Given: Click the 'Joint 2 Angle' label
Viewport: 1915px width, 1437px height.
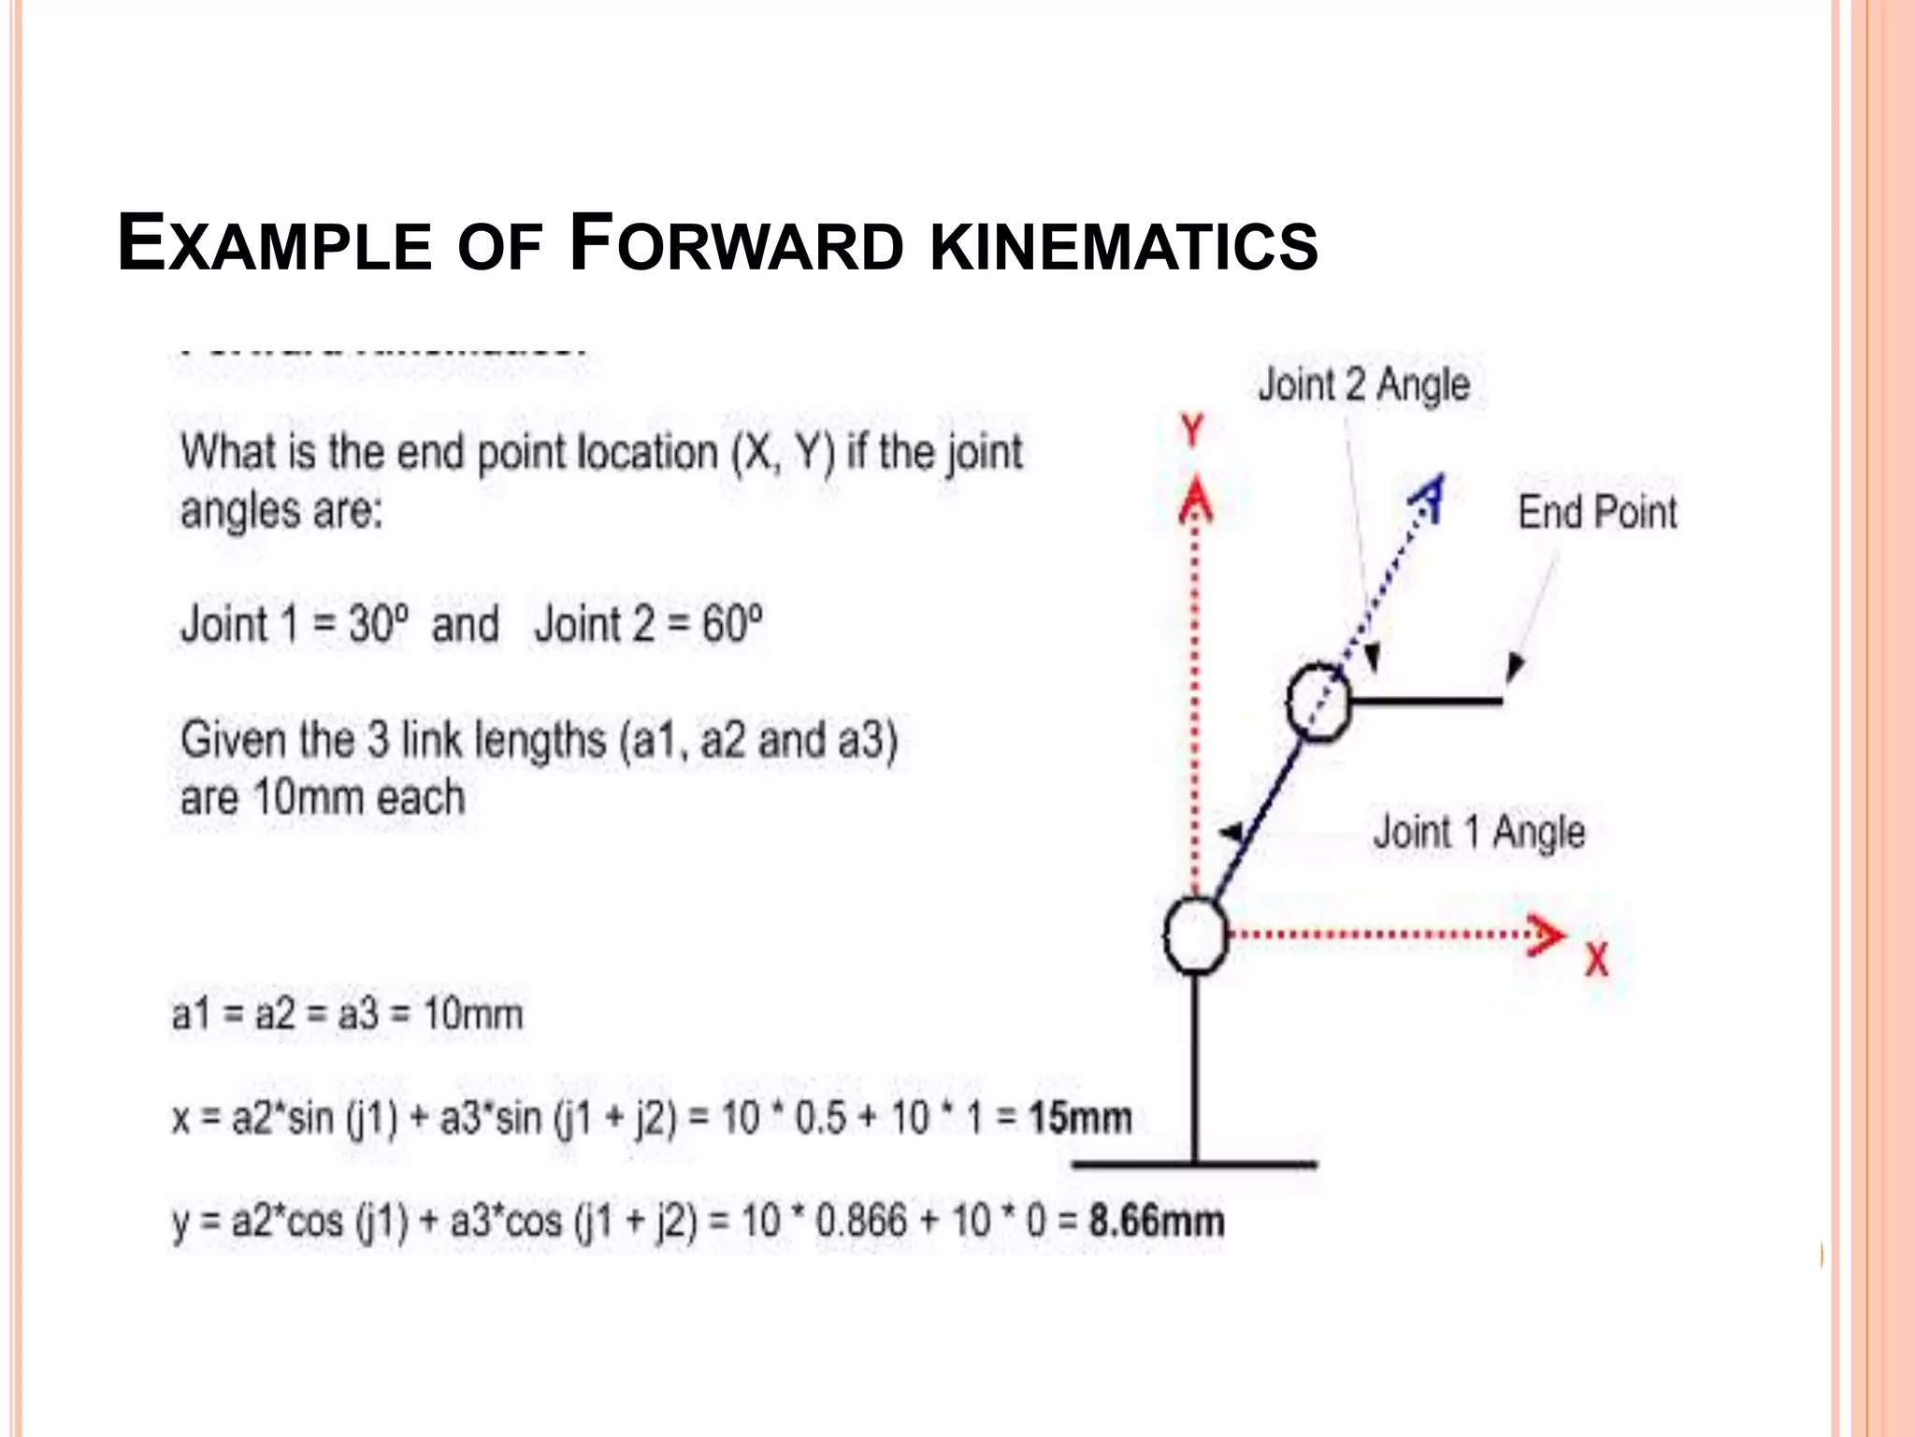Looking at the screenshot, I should [x=1363, y=385].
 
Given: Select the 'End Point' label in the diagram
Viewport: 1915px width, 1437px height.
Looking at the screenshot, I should [x=1597, y=513].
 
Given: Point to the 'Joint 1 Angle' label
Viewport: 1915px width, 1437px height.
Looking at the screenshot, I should [x=1478, y=832].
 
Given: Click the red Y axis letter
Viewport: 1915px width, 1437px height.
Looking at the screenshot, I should [x=1192, y=431].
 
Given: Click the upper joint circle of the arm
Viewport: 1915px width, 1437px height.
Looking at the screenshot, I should [x=1318, y=703].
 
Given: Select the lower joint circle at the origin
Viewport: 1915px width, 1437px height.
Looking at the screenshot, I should [x=1196, y=936].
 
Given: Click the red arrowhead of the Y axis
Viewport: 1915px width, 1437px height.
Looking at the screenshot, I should [x=1195, y=501].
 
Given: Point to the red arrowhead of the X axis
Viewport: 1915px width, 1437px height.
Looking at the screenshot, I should [x=1547, y=936].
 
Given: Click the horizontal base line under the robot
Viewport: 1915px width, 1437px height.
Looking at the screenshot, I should [x=1194, y=1165].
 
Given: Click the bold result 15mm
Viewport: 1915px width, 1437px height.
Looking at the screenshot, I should [x=1080, y=1118].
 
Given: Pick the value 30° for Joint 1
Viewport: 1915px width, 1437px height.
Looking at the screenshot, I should [x=379, y=624].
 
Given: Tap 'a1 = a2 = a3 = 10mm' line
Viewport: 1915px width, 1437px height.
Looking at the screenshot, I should [x=347, y=1014].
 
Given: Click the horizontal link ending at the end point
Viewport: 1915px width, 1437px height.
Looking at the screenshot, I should [x=1426, y=701].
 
